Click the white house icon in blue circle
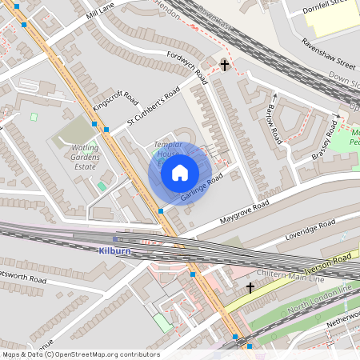180,172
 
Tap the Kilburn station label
114,250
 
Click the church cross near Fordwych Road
225,64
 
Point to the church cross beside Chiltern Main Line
250,286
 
